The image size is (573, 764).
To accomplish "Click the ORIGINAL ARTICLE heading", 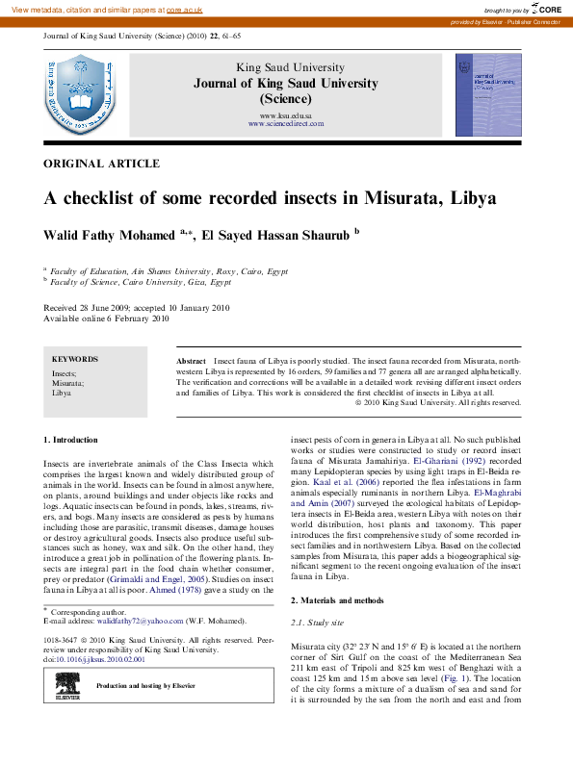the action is coord(102,164).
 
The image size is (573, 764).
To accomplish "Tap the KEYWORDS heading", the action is coord(75,358).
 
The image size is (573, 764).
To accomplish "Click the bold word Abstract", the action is coord(192,358).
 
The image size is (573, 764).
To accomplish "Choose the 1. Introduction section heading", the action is coord(71,440).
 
